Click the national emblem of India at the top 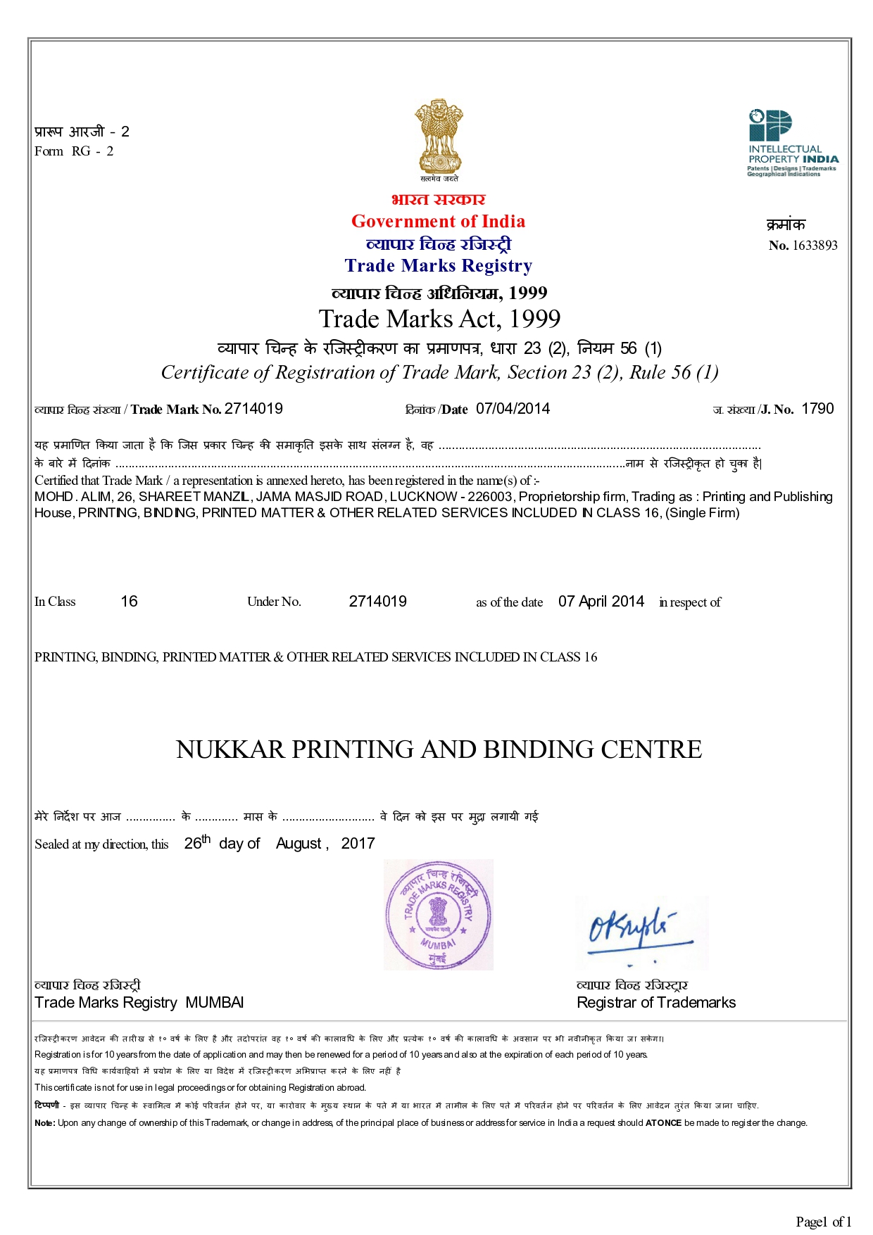(438, 137)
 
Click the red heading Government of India (438, 222)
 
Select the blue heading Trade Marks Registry (438, 266)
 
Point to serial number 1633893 (815, 246)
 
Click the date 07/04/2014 (513, 409)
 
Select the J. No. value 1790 (817, 409)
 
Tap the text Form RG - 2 (74, 151)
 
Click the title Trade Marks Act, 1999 (439, 319)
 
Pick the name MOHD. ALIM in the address (73, 497)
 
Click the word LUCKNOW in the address (422, 497)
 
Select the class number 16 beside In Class (129, 602)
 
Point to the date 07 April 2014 (601, 602)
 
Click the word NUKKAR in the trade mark (230, 750)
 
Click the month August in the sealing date (299, 844)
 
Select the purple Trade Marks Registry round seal (438, 915)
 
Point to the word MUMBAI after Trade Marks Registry (215, 1003)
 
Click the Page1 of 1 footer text (824, 1222)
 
